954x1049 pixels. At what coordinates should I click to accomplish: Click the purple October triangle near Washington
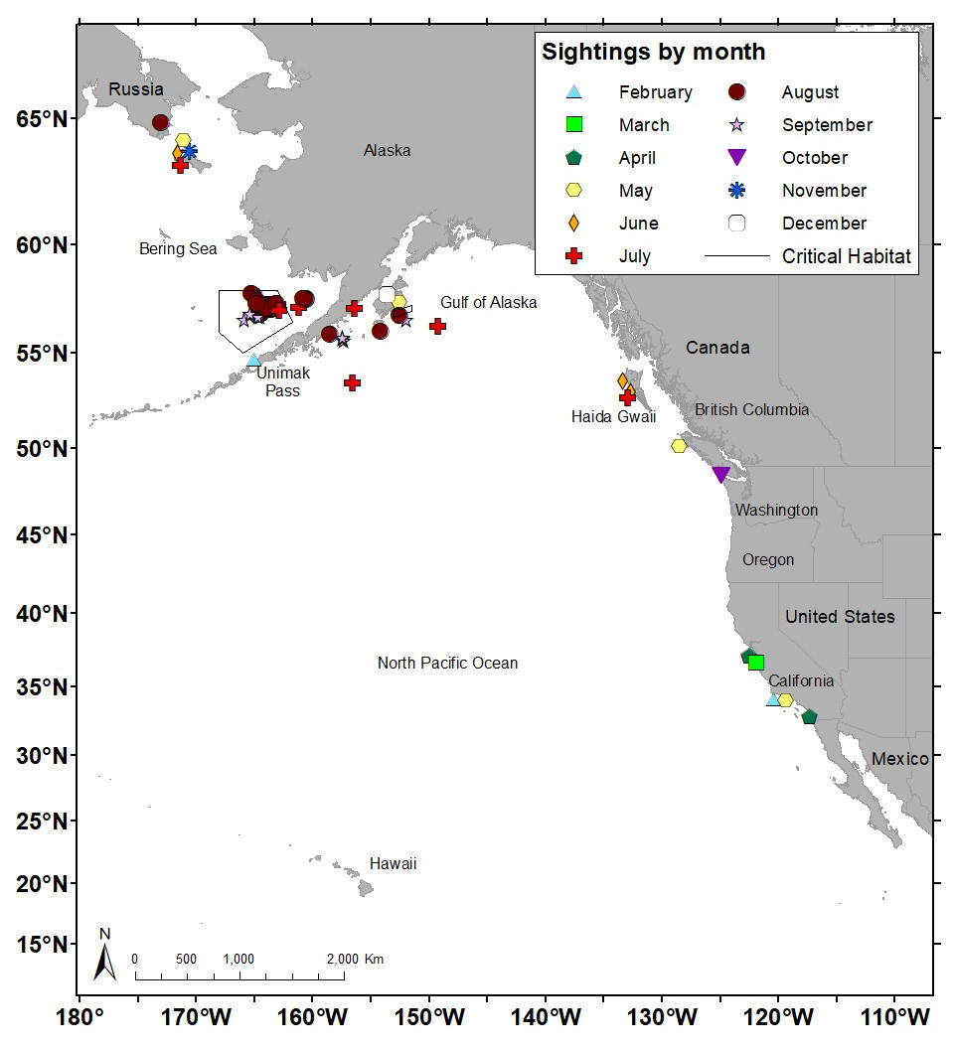(x=721, y=475)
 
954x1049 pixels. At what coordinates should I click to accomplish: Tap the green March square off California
(x=755, y=663)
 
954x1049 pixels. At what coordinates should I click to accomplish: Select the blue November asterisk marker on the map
(x=189, y=152)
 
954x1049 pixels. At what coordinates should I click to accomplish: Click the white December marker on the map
(x=388, y=294)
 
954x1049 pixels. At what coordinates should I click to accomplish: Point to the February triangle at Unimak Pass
(x=254, y=361)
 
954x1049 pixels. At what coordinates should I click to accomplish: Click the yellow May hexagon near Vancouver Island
(x=679, y=446)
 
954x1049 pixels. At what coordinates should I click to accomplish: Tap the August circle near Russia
(x=161, y=123)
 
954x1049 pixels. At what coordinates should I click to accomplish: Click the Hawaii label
(x=393, y=864)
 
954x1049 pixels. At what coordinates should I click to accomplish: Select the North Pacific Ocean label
(x=447, y=663)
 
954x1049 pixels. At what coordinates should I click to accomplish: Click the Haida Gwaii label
(x=613, y=417)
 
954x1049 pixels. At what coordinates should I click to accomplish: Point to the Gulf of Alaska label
(x=488, y=302)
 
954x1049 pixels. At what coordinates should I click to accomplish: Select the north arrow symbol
(x=105, y=955)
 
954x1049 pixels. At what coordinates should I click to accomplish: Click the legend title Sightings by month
(x=653, y=53)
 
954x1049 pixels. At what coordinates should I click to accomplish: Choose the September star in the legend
(x=736, y=125)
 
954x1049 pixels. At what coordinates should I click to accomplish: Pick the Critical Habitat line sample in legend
(x=736, y=256)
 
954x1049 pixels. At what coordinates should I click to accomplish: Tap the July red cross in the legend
(x=573, y=256)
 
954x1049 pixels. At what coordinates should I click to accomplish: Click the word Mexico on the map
(x=899, y=759)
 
